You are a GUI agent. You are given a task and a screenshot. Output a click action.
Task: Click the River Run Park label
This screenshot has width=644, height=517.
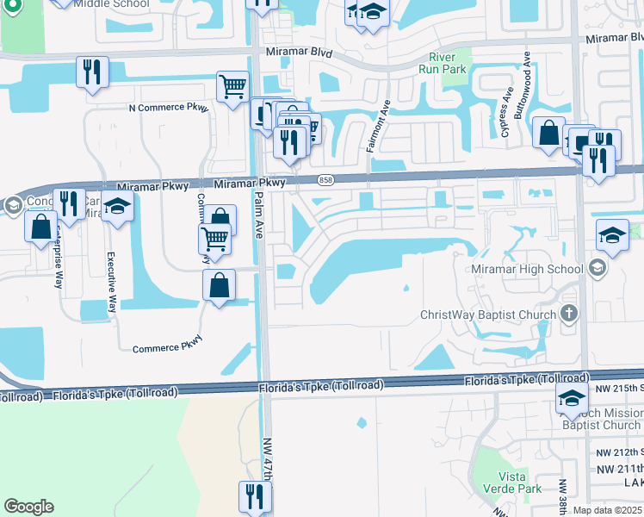pos(442,63)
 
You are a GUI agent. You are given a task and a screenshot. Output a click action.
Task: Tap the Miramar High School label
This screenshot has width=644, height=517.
pos(527,269)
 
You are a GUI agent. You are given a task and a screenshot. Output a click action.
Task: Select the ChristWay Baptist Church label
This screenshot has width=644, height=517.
pos(488,315)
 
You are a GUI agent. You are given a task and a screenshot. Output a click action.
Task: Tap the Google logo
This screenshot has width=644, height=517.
pos(28,507)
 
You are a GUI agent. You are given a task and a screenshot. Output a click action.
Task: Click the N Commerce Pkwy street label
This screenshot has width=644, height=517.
pos(168,107)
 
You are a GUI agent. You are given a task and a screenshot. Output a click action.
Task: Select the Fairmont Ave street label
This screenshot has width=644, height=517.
pos(378,126)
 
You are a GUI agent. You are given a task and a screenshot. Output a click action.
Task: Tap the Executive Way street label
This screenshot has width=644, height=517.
pos(111,283)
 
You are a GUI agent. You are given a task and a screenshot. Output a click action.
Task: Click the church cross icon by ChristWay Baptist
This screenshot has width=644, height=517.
pos(568,313)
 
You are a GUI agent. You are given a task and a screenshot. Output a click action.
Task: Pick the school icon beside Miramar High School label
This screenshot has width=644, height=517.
pos(597,269)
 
